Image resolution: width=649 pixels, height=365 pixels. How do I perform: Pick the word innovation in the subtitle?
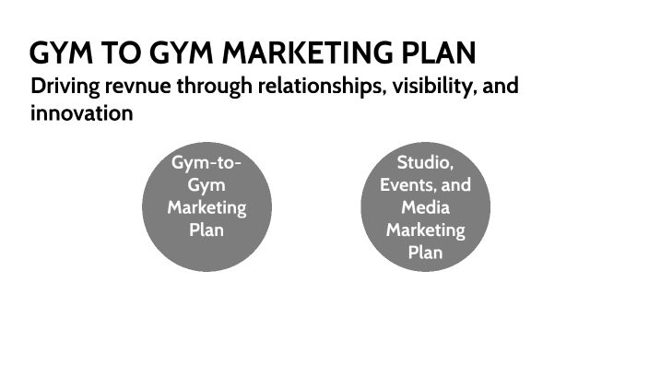(82, 114)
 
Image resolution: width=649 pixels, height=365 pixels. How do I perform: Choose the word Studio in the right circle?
(425, 163)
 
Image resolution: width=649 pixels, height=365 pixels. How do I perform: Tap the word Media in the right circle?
(425, 207)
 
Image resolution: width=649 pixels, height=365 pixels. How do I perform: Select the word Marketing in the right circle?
(425, 230)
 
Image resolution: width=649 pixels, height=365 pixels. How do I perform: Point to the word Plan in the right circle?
(425, 252)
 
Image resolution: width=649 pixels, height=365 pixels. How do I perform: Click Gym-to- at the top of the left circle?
(206, 163)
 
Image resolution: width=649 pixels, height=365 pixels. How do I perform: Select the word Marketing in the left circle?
(206, 207)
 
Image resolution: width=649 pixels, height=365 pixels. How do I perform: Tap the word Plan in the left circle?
(206, 230)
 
